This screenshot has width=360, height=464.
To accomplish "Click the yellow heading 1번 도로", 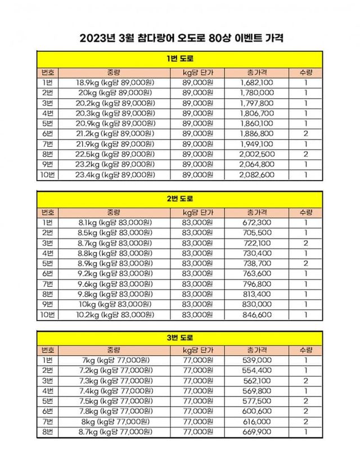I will [x=181, y=59].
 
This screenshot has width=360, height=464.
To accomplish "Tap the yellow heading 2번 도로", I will [x=181, y=199].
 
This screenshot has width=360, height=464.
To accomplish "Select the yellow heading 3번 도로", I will [x=181, y=338].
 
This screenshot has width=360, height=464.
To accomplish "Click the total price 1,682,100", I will [x=256, y=83].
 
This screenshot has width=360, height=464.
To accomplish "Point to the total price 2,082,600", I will [x=256, y=175].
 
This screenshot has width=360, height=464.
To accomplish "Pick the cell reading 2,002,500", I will [x=256, y=155].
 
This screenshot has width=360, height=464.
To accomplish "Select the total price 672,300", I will [x=256, y=222].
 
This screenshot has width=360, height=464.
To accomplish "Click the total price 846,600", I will [x=256, y=314].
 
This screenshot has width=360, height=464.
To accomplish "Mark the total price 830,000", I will [x=256, y=304].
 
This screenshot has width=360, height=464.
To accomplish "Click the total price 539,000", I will [x=256, y=360].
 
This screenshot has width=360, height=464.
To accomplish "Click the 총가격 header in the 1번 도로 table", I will [x=256, y=73].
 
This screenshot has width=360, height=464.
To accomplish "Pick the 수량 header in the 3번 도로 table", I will [x=305, y=350].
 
